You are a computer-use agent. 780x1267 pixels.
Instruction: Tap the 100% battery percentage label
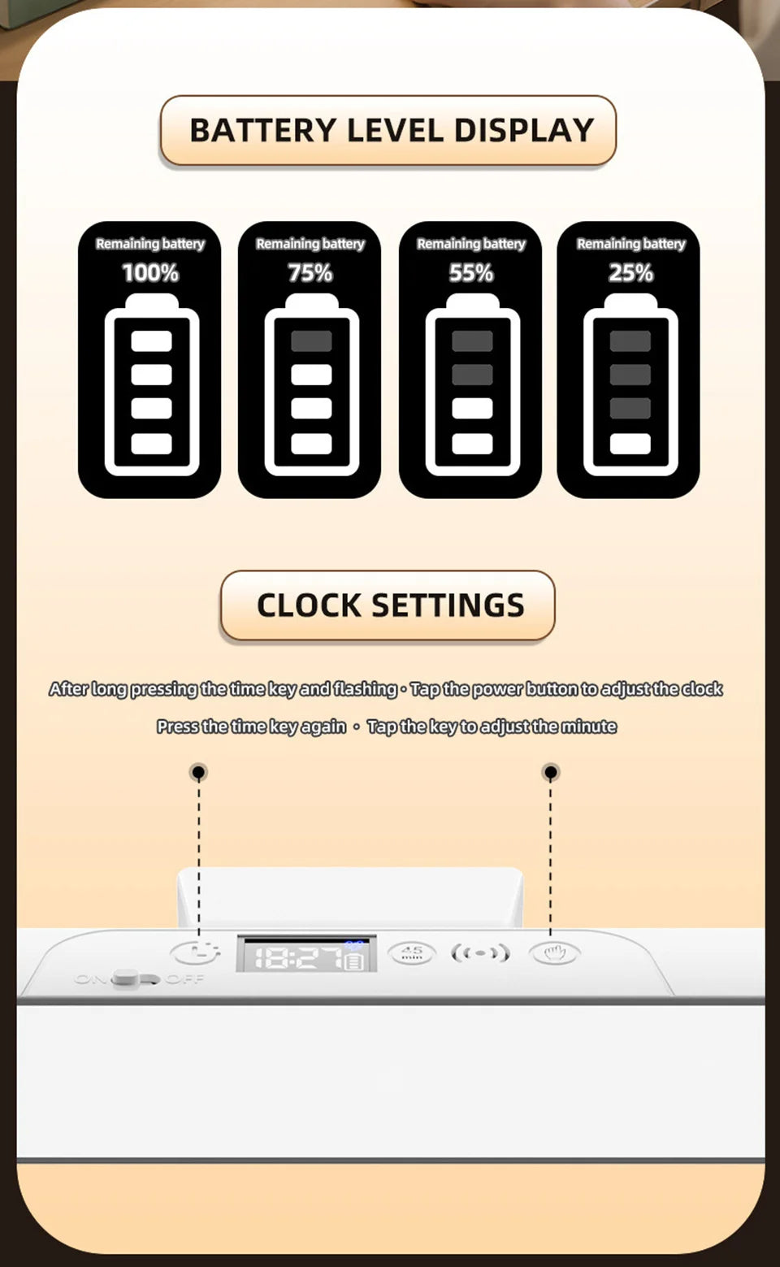pyautogui.click(x=150, y=273)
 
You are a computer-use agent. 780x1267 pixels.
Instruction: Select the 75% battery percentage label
pyautogui.click(x=310, y=273)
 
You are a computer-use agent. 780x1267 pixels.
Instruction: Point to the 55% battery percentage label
pyautogui.click(x=471, y=273)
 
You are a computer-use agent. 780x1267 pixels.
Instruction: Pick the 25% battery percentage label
pyautogui.click(x=631, y=273)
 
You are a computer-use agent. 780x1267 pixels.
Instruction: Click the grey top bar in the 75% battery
pyautogui.click(x=311, y=341)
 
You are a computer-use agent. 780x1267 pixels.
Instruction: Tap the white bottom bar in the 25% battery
pyautogui.click(x=630, y=444)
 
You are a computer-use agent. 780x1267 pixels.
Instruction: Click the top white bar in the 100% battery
pyautogui.click(x=151, y=341)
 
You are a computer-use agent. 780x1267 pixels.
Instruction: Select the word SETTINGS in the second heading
pyautogui.click(x=448, y=605)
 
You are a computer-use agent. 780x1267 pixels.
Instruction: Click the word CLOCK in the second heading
pyautogui.click(x=309, y=605)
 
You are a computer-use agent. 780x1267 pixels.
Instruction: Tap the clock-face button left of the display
pyautogui.click(x=195, y=952)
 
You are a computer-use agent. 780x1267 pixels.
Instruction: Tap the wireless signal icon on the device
pyautogui.click(x=480, y=952)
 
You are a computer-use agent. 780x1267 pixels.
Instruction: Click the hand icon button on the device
pyautogui.click(x=554, y=952)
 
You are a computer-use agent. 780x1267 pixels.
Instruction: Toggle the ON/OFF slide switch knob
pyautogui.click(x=126, y=978)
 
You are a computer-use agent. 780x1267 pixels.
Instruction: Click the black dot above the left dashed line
pyautogui.click(x=198, y=771)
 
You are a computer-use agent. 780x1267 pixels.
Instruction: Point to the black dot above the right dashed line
pyautogui.click(x=550, y=771)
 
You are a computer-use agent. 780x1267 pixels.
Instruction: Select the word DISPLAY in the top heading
pyautogui.click(x=524, y=131)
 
